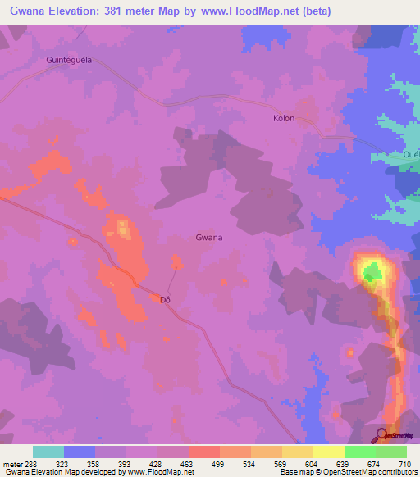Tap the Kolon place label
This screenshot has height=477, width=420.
[x=283, y=119]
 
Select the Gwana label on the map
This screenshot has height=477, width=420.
[x=209, y=238]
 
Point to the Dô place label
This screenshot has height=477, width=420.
[x=165, y=300]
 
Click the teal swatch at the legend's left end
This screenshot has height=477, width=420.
[x=48, y=452]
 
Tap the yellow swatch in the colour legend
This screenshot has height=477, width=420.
[x=328, y=452]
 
